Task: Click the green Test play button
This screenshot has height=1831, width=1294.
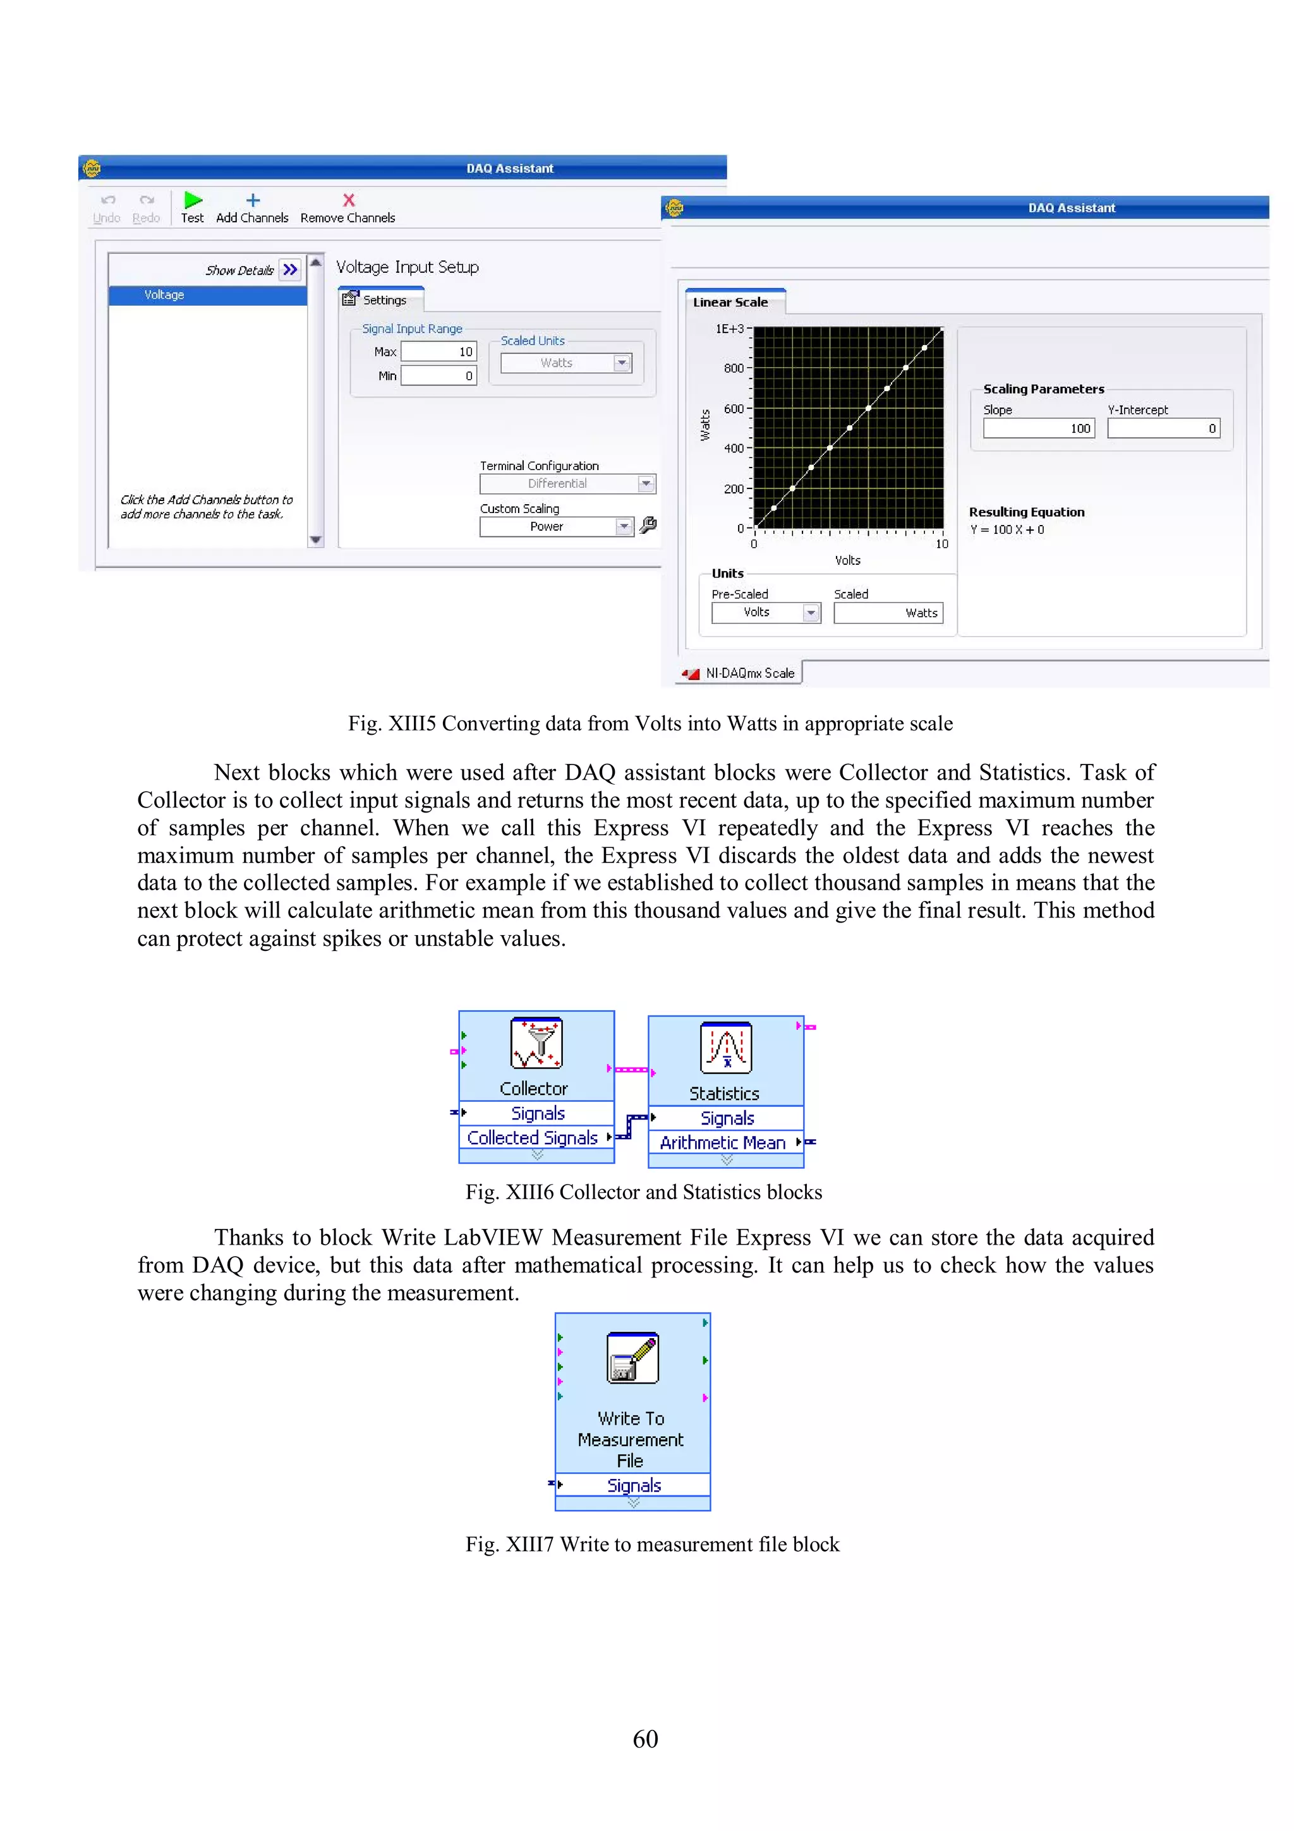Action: tap(193, 200)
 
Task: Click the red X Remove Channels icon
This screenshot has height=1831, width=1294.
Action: tap(348, 200)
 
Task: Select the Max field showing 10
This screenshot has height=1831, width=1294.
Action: tap(438, 352)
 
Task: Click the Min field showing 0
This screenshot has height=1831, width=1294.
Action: tap(438, 375)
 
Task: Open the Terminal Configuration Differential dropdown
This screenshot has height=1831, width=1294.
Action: tap(646, 484)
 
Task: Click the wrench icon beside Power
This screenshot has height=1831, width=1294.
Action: tap(648, 526)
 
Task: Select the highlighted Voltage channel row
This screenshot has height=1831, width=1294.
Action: tap(207, 295)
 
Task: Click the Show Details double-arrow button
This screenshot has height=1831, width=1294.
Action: tap(290, 270)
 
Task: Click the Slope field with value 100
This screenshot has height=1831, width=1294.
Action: tap(1039, 428)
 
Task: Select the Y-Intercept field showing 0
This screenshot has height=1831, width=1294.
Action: tap(1163, 428)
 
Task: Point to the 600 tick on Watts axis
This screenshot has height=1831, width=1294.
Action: tap(734, 408)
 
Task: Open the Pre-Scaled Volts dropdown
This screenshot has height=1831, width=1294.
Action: tap(811, 612)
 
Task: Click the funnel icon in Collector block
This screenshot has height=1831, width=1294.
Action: tap(536, 1042)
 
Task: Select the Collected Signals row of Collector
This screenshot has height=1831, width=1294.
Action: tap(533, 1138)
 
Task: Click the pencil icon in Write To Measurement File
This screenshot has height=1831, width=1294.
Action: tap(632, 1357)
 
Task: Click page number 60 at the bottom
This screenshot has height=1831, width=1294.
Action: tap(645, 1739)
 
